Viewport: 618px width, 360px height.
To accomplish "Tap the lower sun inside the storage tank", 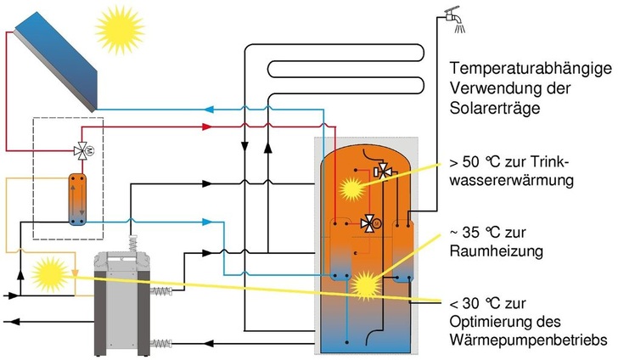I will pos(367,283).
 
